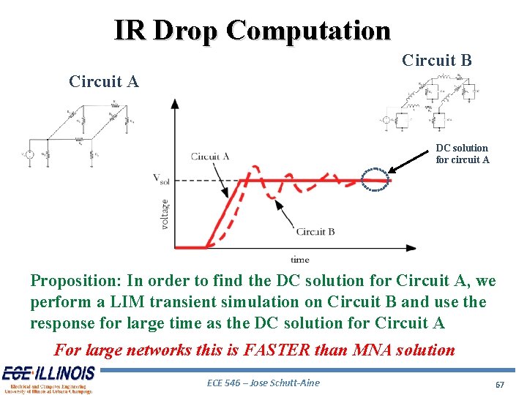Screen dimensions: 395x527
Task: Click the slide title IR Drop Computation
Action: click(252, 31)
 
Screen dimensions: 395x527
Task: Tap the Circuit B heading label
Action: click(437, 60)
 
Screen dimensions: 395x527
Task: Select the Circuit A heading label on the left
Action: click(104, 81)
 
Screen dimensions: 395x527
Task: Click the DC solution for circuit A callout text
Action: click(462, 154)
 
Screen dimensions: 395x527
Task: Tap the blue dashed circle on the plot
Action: click(377, 179)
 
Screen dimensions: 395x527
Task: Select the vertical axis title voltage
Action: click(165, 213)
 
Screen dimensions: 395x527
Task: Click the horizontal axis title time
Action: click(299, 260)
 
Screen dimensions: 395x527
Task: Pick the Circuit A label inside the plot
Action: click(210, 156)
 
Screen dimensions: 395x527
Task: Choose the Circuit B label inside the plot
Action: click(315, 232)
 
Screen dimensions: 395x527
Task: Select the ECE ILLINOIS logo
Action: click(48, 378)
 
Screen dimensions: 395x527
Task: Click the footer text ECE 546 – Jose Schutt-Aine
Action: click(263, 383)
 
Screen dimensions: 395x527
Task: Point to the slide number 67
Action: click(500, 384)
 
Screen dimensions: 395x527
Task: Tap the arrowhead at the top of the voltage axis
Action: click(174, 103)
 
